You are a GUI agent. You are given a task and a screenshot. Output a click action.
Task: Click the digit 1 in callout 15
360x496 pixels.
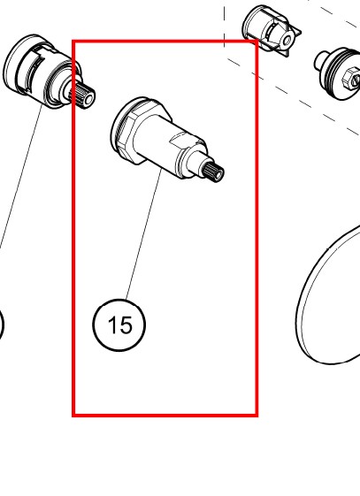[x=111, y=325]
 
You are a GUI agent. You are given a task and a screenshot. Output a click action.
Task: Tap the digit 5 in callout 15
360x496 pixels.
[x=125, y=325]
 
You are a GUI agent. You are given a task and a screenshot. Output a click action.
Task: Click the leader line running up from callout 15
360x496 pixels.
[x=144, y=234]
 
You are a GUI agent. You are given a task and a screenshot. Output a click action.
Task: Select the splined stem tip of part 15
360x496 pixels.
[x=213, y=172]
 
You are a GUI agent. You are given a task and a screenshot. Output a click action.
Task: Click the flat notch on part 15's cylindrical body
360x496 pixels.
[x=182, y=139]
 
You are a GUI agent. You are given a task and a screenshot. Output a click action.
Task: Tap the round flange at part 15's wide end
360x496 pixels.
[x=123, y=124]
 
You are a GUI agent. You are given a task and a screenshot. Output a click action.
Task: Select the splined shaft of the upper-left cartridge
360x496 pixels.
[x=86, y=94]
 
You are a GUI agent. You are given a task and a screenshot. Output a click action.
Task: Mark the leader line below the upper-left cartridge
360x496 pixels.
[x=21, y=177]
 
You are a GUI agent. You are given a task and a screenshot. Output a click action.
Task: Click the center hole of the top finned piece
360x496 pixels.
[x=287, y=41]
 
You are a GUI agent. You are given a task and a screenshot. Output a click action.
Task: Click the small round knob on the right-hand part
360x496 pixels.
[x=320, y=61]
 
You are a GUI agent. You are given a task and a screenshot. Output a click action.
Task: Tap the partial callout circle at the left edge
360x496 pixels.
[x=3, y=325]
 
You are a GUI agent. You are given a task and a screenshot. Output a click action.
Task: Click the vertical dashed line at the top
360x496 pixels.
[x=225, y=23]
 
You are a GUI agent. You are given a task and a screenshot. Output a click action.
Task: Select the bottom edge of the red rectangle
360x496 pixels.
[x=165, y=415]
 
